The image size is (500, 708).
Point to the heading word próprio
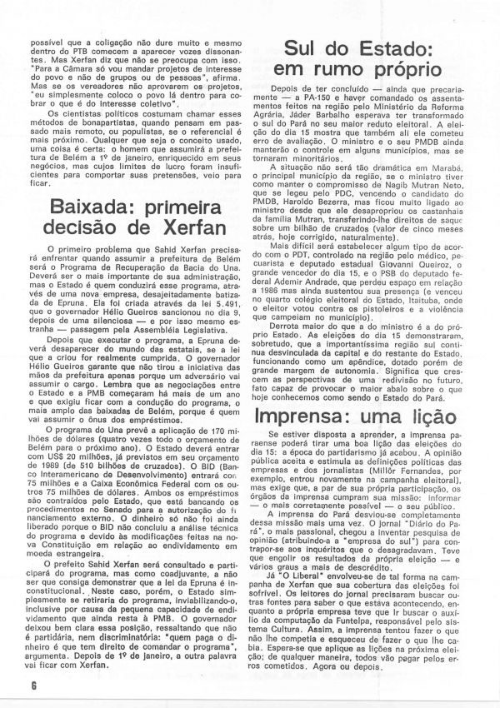[x=407, y=77]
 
